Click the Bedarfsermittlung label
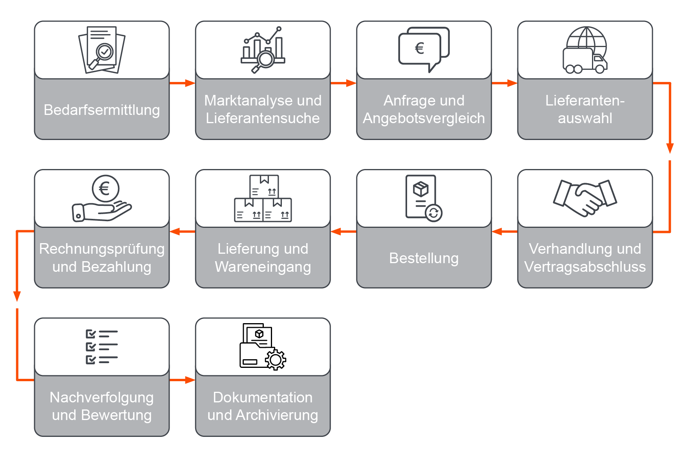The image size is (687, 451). pos(102,110)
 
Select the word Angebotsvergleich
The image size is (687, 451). pos(424,118)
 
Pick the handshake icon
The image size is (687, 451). pos(585,198)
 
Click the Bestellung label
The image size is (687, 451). pos(424,258)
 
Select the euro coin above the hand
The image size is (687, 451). pos(105,189)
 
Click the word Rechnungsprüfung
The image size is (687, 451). pos(102,249)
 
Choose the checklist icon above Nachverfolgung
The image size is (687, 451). pos(102,347)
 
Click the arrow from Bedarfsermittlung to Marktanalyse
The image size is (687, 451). pos(182,83)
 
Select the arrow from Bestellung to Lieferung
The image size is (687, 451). pos(343,231)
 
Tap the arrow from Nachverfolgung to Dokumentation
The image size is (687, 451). pos(182,380)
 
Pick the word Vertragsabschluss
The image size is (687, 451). pos(585,267)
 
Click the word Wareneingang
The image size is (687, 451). pos(263,267)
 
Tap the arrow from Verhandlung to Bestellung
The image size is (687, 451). pos(504,231)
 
